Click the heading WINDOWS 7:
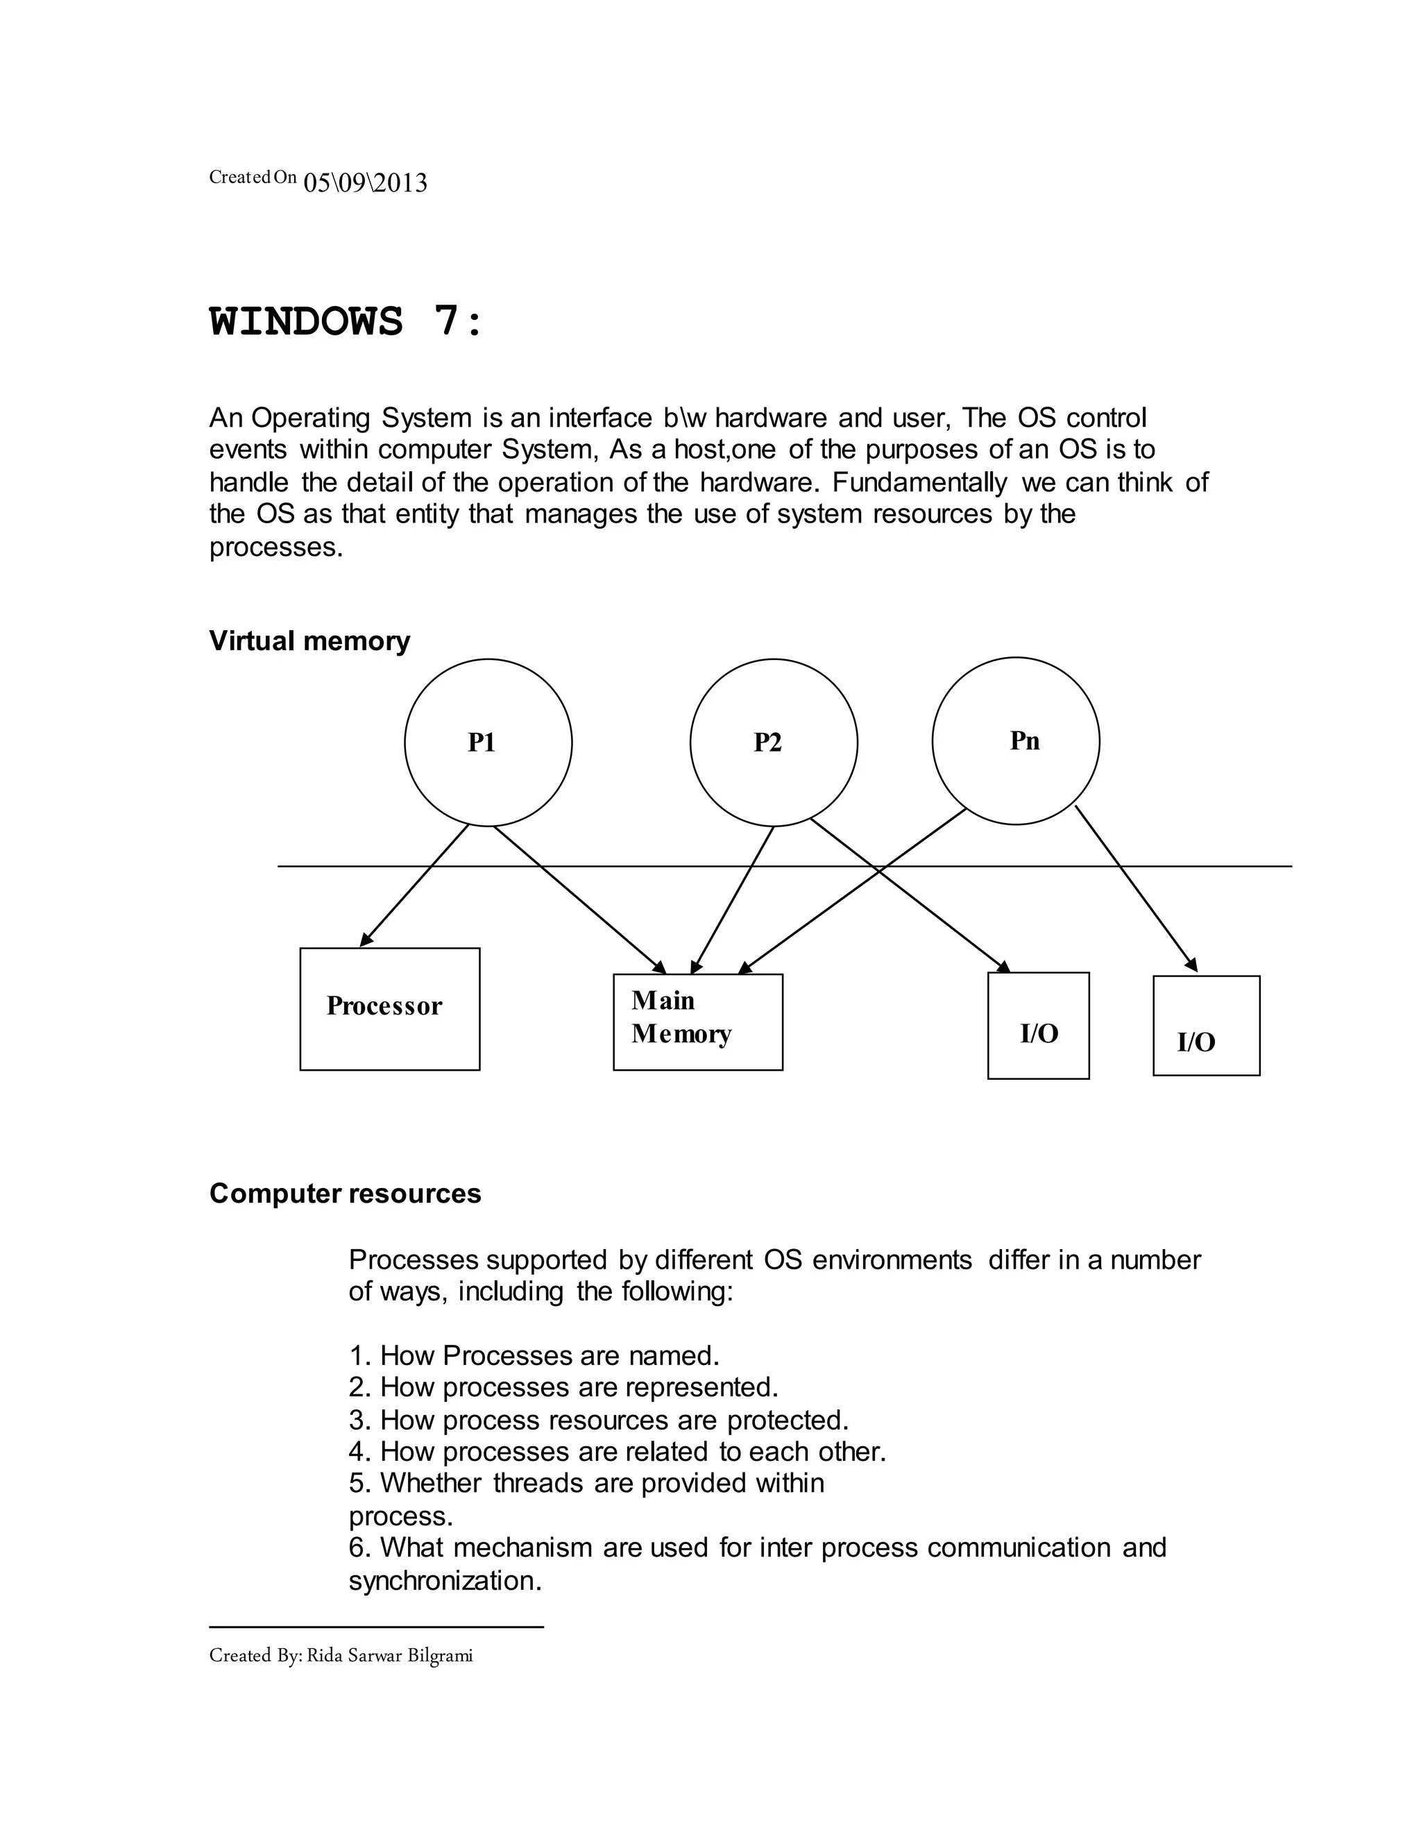pyautogui.click(x=346, y=322)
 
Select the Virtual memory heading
pyautogui.click(x=309, y=641)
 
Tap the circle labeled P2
pyautogui.click(x=773, y=742)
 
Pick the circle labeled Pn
pyautogui.click(x=1015, y=741)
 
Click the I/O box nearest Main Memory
pyautogui.click(x=1037, y=1025)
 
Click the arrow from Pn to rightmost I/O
pyautogui.click(x=1137, y=889)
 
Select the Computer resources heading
pyautogui.click(x=345, y=1193)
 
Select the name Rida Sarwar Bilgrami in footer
pyautogui.click(x=389, y=1655)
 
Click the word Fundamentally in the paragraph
pyautogui.click(x=919, y=482)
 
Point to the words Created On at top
pyautogui.click(x=253, y=177)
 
